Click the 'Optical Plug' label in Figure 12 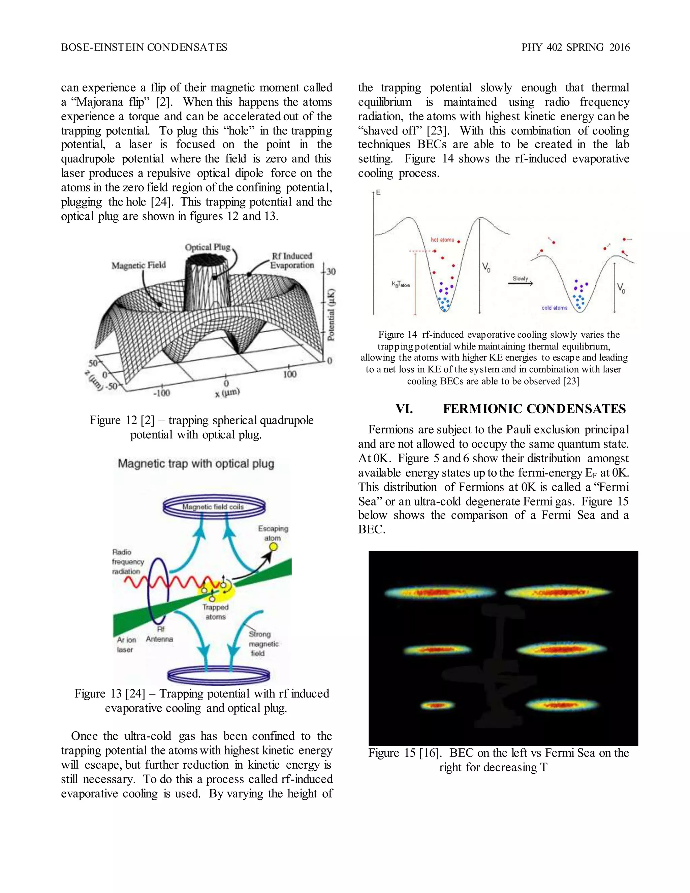click(x=207, y=247)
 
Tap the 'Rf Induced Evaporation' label click(x=292, y=260)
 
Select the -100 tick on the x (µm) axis click(x=161, y=393)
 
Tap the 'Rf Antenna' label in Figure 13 click(x=159, y=635)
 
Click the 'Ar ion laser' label click(x=126, y=644)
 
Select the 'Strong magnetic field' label click(x=263, y=644)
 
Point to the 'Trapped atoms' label click(x=215, y=612)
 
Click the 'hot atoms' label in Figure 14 click(x=442, y=240)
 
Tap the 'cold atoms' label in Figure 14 click(x=554, y=308)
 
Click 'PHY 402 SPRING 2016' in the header click(x=575, y=48)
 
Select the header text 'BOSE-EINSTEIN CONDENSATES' click(x=144, y=48)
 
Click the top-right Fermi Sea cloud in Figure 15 click(x=558, y=592)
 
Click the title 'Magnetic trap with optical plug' click(x=196, y=464)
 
